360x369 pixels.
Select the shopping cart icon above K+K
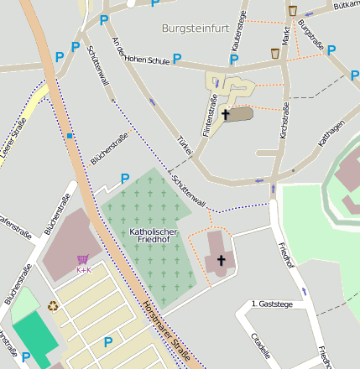[82, 260]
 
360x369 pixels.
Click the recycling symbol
[53, 306]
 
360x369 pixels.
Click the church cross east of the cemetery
[222, 261]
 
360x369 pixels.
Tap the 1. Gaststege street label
[272, 304]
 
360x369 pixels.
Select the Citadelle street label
[261, 343]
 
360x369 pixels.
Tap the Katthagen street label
[331, 134]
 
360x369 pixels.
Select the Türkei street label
[185, 143]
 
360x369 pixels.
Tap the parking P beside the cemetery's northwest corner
[125, 178]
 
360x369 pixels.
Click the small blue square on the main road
[70, 135]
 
